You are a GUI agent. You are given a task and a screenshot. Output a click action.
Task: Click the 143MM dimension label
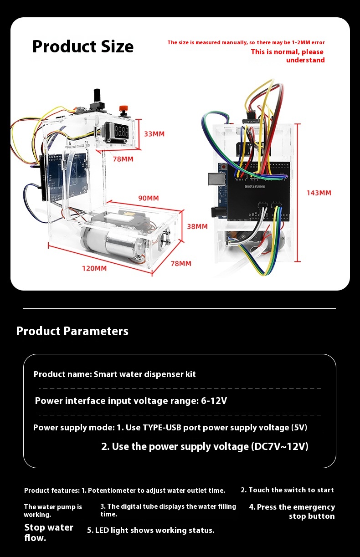(319, 193)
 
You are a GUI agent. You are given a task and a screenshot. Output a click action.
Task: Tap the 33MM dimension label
(154, 134)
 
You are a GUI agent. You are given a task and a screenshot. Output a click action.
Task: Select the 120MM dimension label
(94, 268)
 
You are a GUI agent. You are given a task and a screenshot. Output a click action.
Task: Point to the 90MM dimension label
(149, 198)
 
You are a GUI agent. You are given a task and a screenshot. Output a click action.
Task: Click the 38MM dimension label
(197, 226)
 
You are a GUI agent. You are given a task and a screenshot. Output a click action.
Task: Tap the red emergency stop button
(122, 109)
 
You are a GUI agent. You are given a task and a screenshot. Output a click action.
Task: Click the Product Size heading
(83, 46)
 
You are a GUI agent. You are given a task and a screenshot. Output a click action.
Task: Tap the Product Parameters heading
(72, 331)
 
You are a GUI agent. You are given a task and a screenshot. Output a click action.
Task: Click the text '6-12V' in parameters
(214, 401)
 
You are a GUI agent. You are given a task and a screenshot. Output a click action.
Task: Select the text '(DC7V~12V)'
(280, 446)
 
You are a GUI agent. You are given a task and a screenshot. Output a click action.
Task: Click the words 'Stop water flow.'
(48, 532)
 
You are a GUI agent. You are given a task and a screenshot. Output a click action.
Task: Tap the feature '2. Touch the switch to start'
(287, 490)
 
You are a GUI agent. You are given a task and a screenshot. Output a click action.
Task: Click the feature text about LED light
(150, 530)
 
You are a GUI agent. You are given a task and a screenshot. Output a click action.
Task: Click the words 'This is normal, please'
(287, 52)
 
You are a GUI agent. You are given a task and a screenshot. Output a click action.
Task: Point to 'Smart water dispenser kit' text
(144, 374)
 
